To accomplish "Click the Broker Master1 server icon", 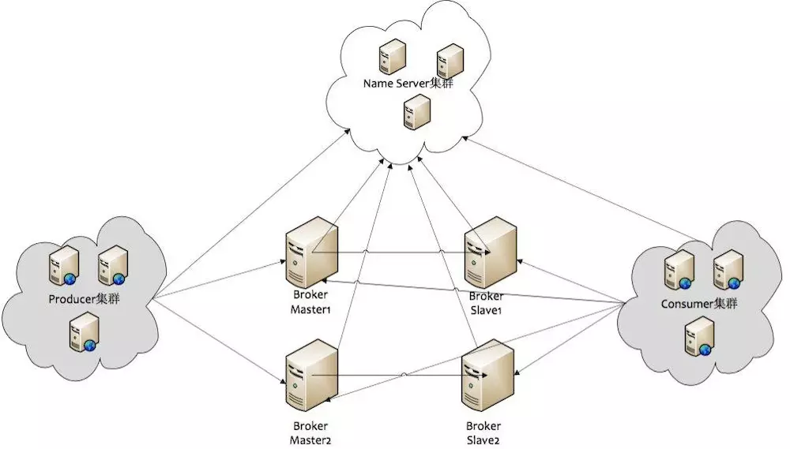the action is click(x=311, y=253).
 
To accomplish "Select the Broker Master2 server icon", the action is click(x=311, y=375).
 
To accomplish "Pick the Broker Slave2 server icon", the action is click(x=488, y=375).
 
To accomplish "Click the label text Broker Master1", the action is click(x=310, y=302).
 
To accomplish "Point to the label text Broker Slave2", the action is click(x=483, y=433).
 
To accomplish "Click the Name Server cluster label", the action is click(x=408, y=83).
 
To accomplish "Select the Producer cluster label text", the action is click(x=85, y=299).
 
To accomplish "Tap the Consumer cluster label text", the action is click(x=699, y=304).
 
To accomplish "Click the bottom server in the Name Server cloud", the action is click(x=417, y=112).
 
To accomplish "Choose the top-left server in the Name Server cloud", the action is click(x=393, y=58).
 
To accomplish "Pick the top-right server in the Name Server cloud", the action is click(x=450, y=61).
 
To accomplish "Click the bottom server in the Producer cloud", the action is click(x=85, y=331).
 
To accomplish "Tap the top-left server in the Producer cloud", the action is click(x=64, y=265).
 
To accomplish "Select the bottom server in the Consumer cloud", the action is click(x=699, y=337).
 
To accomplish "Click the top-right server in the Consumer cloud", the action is click(x=728, y=271).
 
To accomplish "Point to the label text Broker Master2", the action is click(x=310, y=433).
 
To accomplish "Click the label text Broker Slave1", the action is click(x=486, y=303).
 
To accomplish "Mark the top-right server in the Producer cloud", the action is click(x=112, y=265).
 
